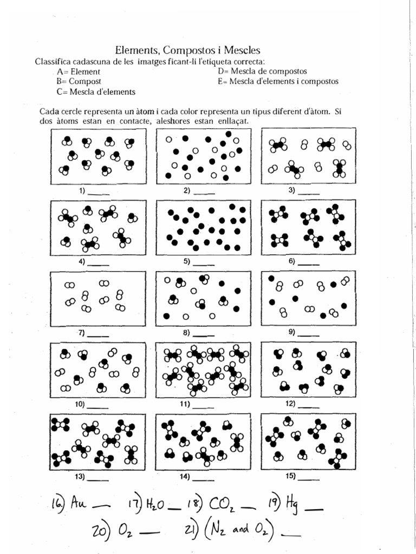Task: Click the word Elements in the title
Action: pyautogui.click(x=135, y=50)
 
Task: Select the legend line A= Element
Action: pyautogui.click(x=78, y=71)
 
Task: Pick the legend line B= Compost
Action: pyautogui.click(x=79, y=81)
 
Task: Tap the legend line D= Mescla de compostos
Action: pyautogui.click(x=262, y=71)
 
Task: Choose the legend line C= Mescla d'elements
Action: pyautogui.click(x=95, y=91)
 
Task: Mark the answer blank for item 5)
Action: pyautogui.click(x=204, y=265)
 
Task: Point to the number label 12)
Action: pyautogui.click(x=290, y=403)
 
